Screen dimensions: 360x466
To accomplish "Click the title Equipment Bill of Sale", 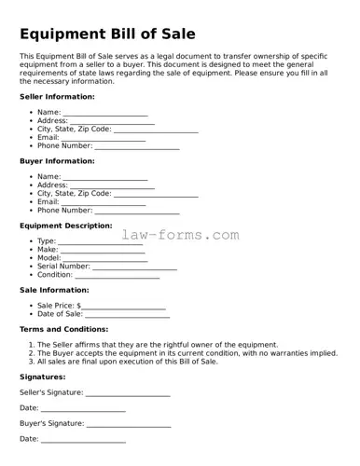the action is pos(107,34).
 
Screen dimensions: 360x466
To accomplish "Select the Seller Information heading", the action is pos(57,96).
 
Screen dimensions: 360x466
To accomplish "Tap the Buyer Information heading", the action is pos(57,160).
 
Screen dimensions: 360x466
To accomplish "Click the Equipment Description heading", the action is pos(65,226).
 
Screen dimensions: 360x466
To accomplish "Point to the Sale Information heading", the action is pos(54,290).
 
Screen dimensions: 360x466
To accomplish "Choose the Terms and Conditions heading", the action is pos(63,329).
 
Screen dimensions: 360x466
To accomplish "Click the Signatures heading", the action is pos(42,377).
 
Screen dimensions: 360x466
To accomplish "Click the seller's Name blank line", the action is pos(105,114).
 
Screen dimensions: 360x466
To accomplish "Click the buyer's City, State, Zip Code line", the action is pos(156,195).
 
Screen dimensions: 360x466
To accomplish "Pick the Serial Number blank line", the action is pos(134,267).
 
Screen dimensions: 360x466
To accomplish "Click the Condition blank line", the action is pos(117,276).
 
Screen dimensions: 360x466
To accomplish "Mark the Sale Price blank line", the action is pos(124,307).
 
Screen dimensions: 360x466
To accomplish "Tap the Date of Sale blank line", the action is pos(128,315).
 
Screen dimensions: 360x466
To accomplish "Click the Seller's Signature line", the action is pos(128,394).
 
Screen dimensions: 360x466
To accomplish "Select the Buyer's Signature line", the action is pos(128,424).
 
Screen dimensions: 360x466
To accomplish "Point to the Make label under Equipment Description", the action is pos(47,250).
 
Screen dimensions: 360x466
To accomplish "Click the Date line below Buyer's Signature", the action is pos(83,440).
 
